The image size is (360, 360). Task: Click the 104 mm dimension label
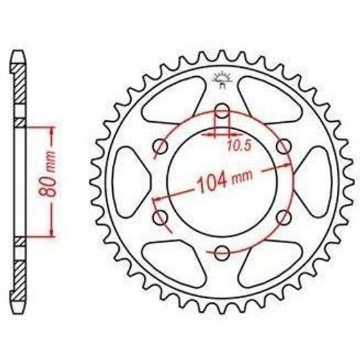226,181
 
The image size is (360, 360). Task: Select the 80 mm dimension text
48,174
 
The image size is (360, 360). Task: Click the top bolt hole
222,111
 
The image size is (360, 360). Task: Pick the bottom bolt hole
222,253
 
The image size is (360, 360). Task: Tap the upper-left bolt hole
161,146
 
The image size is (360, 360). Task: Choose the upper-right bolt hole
284,146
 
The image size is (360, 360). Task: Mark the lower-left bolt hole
161,217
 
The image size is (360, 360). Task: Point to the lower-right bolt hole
284,217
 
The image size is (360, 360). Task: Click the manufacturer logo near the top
222,80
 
